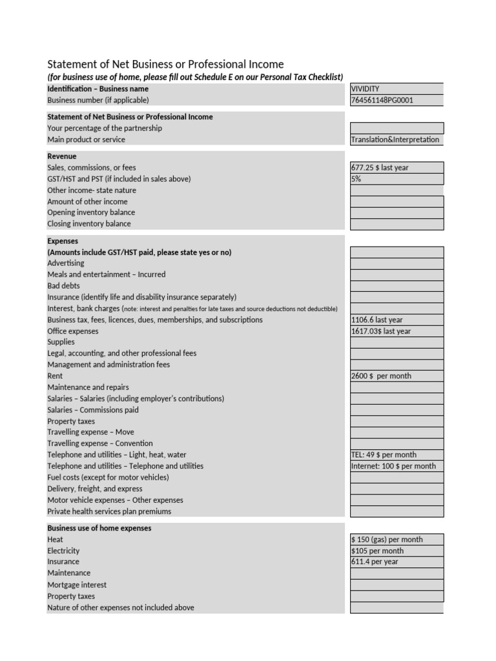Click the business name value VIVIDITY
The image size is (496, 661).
(366, 89)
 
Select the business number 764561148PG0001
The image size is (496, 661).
(382, 100)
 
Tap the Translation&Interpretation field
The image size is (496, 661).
(395, 139)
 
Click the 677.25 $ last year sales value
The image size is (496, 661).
(380, 168)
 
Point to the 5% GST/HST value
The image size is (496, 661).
(357, 179)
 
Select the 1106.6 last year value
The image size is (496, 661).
(377, 320)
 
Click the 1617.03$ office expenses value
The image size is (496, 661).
(381, 331)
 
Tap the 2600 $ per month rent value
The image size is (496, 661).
(381, 376)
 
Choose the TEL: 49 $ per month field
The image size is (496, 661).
(384, 455)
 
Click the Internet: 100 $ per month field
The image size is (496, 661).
(393, 466)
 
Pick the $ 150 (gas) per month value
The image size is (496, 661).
(387, 540)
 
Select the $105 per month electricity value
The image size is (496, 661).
(377, 551)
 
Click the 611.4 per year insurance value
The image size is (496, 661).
(375, 562)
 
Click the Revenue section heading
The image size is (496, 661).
(62, 156)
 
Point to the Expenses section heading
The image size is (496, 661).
(63, 241)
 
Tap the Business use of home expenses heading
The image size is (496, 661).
(99, 528)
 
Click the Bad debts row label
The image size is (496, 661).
(64, 285)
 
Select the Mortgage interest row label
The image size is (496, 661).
(77, 585)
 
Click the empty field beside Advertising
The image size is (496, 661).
(397, 263)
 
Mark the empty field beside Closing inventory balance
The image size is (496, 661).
(397, 224)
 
